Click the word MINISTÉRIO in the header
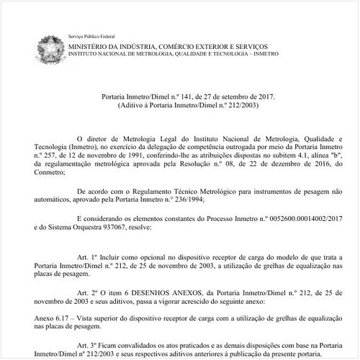point(92,45)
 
